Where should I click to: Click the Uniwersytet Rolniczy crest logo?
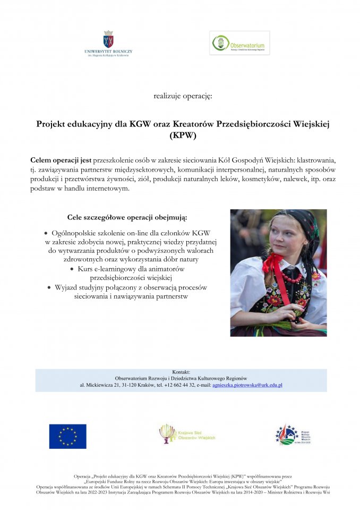[x=108, y=39]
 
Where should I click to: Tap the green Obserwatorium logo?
[x=239, y=43]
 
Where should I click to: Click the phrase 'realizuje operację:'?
[x=183, y=96]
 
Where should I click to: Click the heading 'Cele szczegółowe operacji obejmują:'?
[x=127, y=217]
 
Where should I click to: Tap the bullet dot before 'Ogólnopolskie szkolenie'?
[x=46, y=233]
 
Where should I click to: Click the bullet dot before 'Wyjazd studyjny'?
[x=49, y=287]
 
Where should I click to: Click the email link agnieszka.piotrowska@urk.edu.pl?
[x=247, y=385]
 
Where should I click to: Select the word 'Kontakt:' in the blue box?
[x=182, y=372]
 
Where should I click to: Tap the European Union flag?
[x=67, y=436]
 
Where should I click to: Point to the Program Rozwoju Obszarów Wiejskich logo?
[x=293, y=435]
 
